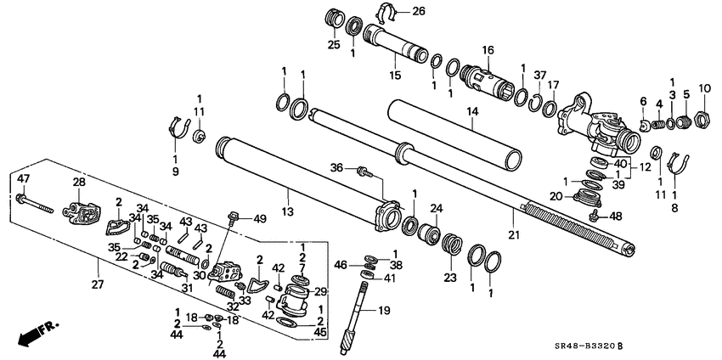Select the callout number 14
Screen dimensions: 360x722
coord(473,111)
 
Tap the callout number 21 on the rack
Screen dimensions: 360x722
coord(512,233)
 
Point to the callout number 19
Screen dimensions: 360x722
coord(384,311)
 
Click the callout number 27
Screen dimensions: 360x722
coord(97,285)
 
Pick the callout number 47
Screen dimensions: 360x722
coord(23,178)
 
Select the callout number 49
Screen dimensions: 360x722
coord(260,218)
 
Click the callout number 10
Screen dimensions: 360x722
coord(704,88)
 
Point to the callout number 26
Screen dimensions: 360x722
coord(418,11)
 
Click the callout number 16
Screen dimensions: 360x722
coord(488,50)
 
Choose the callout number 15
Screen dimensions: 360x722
coord(393,76)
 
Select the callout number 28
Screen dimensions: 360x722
coord(78,182)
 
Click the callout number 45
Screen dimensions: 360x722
coord(321,331)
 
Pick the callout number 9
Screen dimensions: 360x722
coord(176,172)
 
